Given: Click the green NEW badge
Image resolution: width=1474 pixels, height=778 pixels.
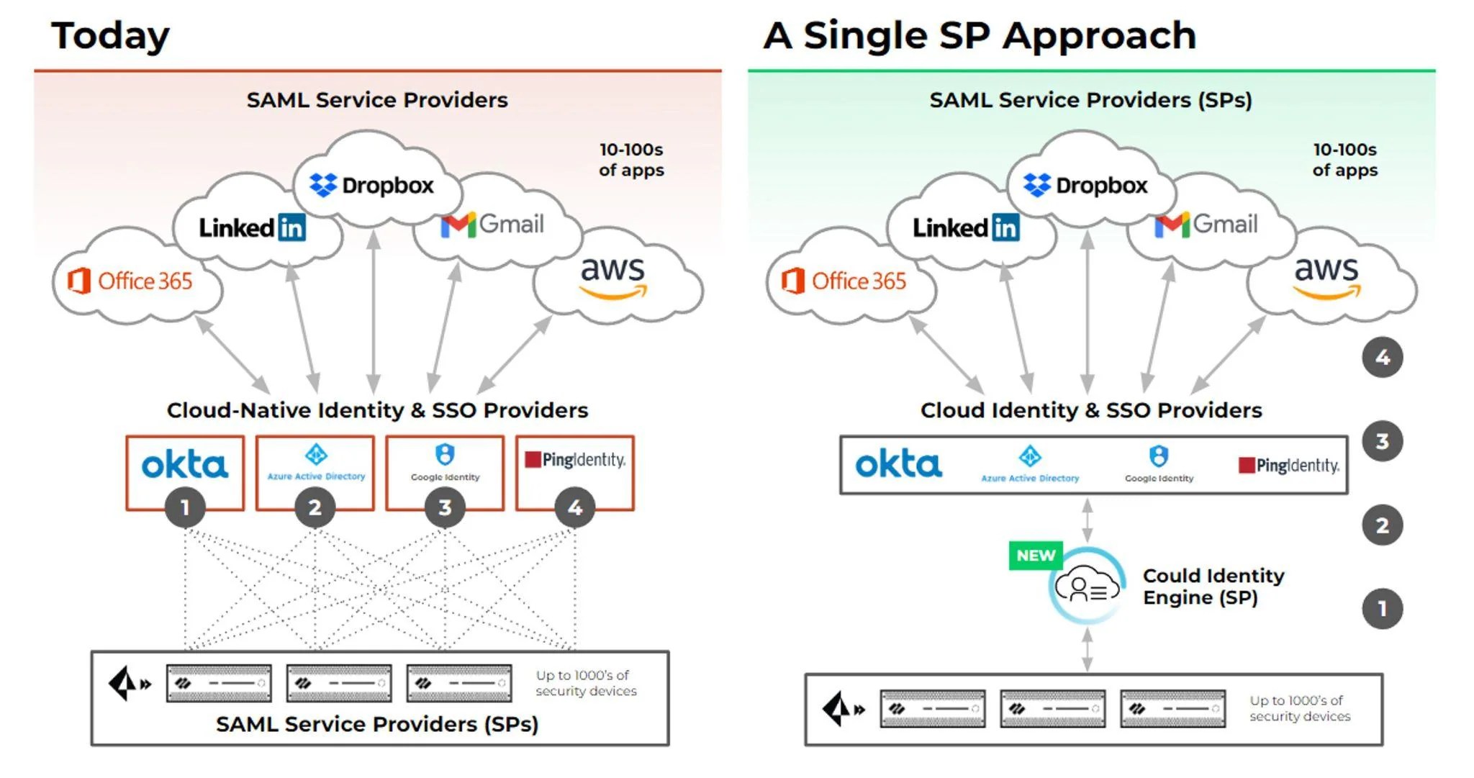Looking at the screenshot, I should pos(1036,556).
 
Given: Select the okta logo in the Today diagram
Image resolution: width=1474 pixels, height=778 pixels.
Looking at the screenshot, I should pos(185,465).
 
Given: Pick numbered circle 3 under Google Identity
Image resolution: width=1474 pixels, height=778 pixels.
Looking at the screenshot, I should pos(445,507).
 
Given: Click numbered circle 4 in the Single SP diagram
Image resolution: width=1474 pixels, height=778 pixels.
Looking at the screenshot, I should pos(1382,358).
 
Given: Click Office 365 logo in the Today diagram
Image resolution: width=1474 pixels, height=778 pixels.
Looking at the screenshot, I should pos(131,281).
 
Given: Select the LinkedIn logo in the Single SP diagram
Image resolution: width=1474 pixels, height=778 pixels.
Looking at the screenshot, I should pos(966,227).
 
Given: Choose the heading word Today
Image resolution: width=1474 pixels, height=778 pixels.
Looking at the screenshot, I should pos(110,36).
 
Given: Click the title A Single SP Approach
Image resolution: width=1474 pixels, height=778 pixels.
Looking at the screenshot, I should pos(980,36).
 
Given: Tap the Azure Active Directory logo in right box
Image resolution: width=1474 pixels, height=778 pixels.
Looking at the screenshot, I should pos(1030,464).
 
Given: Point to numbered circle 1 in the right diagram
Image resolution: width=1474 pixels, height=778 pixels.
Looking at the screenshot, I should pos(1382,609).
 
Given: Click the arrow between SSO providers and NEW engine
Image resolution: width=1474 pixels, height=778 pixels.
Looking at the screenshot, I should pos(1087,520).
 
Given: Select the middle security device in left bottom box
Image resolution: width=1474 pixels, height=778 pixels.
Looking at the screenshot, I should pos(339,683).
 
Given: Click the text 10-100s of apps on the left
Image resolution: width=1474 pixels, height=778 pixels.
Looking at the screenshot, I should pos(631,160).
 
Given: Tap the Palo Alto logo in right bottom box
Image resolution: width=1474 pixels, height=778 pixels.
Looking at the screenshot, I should pos(843,709).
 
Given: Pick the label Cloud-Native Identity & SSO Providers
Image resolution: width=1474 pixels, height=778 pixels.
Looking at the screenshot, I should pos(377,410).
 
